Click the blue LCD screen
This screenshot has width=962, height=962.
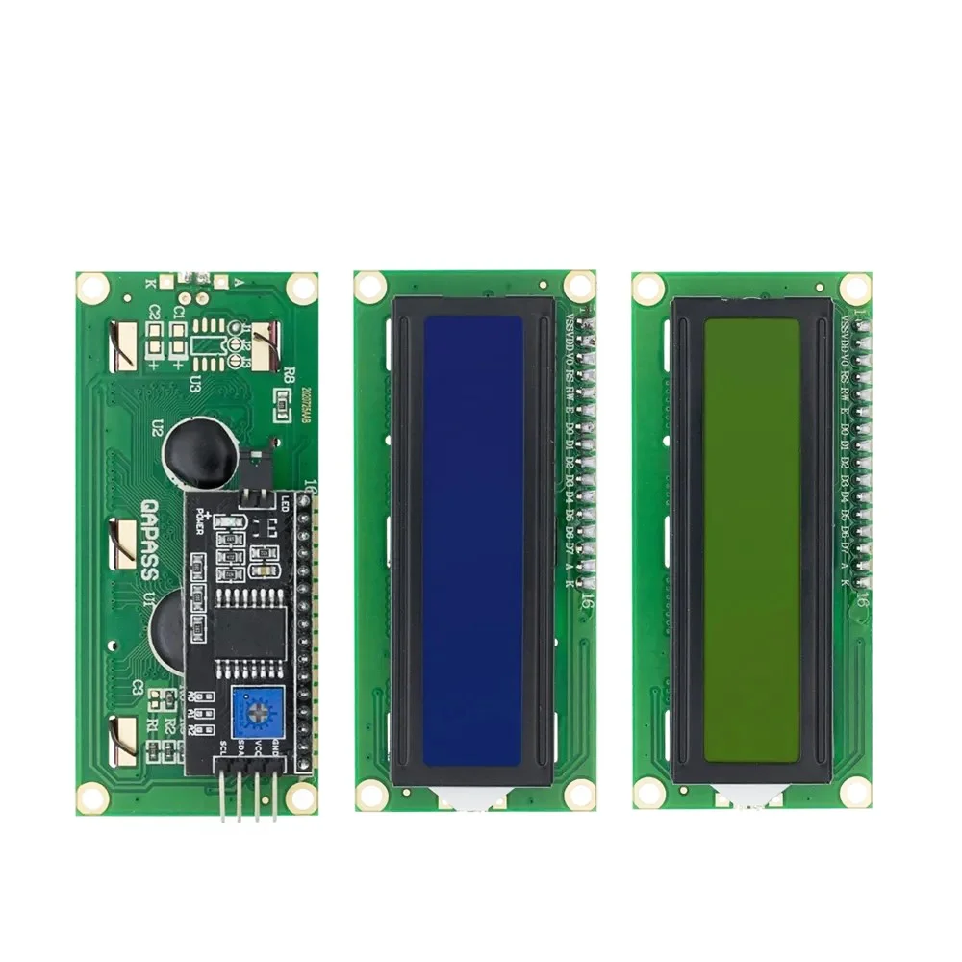pos(473,541)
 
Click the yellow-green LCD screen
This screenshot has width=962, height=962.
pos(751,541)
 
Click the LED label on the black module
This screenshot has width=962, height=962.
pos(286,502)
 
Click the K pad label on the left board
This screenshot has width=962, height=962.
pos(148,283)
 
